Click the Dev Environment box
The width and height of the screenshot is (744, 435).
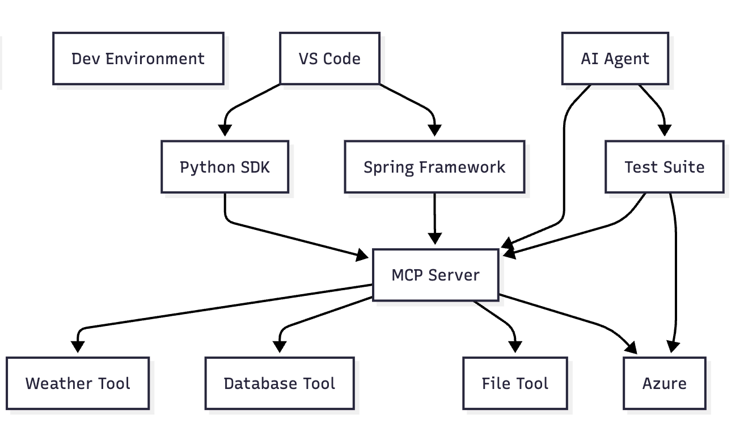pyautogui.click(x=138, y=58)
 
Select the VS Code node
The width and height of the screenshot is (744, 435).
pyautogui.click(x=330, y=58)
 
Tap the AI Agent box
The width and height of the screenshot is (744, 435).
pyautogui.click(x=615, y=58)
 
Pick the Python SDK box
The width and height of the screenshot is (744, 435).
pyautogui.click(x=225, y=166)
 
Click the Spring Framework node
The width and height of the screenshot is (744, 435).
pyautogui.click(x=434, y=166)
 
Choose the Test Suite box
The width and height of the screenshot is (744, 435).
pyautogui.click(x=665, y=166)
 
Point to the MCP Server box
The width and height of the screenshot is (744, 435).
pyautogui.click(x=436, y=275)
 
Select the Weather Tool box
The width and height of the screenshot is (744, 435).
pyautogui.click(x=78, y=383)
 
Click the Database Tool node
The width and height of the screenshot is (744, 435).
pyautogui.click(x=280, y=383)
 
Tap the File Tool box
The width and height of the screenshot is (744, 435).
pyautogui.click(x=515, y=383)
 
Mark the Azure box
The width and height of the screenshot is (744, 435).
pyautogui.click(x=665, y=383)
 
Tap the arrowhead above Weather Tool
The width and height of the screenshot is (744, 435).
pyautogui.click(x=78, y=347)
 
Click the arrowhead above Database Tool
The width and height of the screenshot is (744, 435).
pyautogui.click(x=280, y=347)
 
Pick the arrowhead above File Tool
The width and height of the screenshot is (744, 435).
pyautogui.click(x=515, y=347)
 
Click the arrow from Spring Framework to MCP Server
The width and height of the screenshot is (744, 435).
pyautogui.click(x=434, y=219)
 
